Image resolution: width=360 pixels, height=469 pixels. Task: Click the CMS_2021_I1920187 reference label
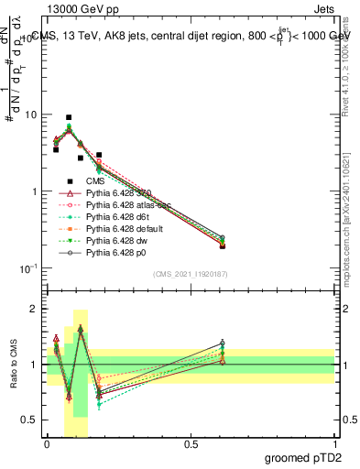tap(191, 274)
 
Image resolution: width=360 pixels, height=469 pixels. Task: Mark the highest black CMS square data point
tap(70, 117)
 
